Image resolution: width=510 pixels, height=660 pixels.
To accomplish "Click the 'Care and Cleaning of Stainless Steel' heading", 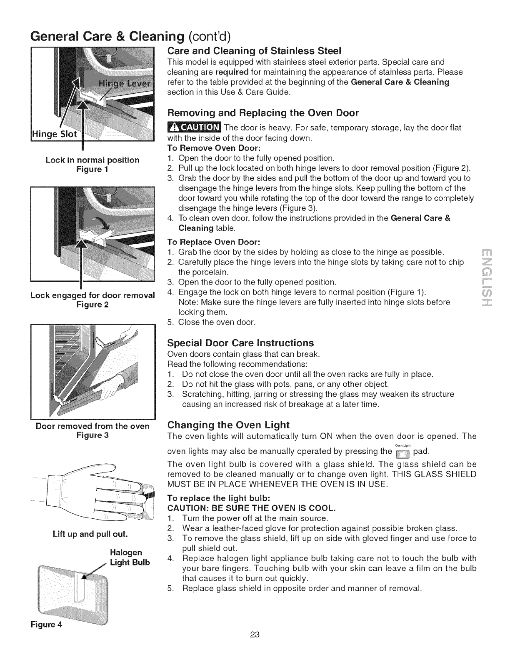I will (x=254, y=51).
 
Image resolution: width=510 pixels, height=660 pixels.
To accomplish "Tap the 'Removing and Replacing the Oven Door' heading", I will (x=262, y=113).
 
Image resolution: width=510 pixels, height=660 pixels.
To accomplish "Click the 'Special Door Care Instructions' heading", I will (x=240, y=343).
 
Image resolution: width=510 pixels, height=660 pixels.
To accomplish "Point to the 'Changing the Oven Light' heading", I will (x=228, y=425).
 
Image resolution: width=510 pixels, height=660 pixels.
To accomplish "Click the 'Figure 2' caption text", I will (x=92, y=305).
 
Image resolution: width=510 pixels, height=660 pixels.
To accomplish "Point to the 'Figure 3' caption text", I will (x=92, y=435).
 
